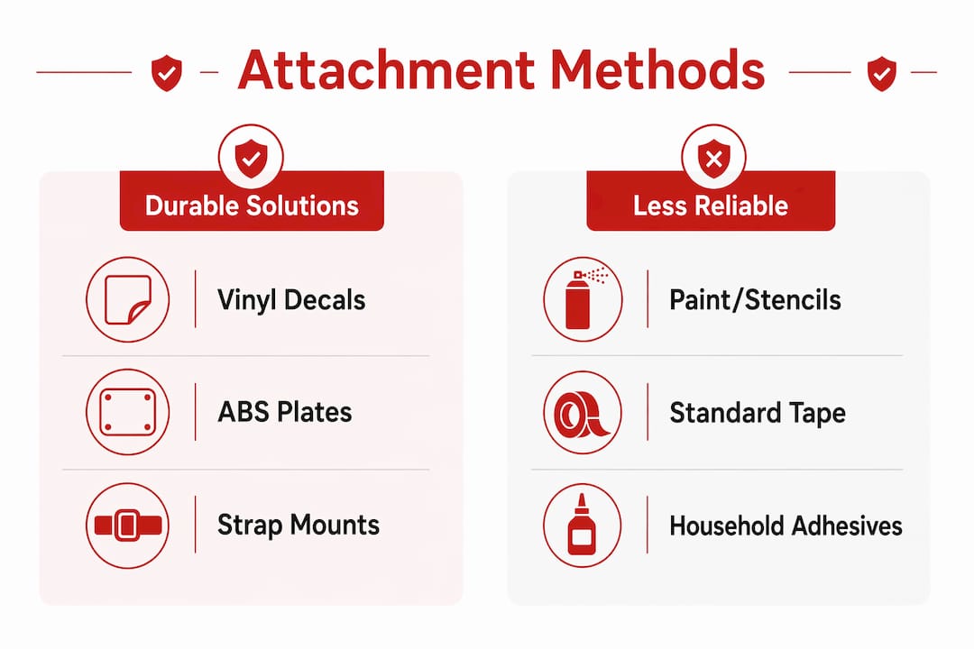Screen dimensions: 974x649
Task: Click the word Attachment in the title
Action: click(x=386, y=70)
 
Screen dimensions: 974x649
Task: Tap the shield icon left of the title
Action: click(x=167, y=73)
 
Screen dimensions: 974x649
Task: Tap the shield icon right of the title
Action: click(x=881, y=73)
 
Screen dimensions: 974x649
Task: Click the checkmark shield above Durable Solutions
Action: click(x=251, y=158)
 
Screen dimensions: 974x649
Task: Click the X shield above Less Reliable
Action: click(x=713, y=158)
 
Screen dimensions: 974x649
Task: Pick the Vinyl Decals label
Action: click(x=291, y=300)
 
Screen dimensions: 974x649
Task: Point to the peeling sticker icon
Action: click(x=128, y=299)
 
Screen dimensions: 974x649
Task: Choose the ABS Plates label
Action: click(x=284, y=412)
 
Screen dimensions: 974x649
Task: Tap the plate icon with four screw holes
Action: click(x=128, y=412)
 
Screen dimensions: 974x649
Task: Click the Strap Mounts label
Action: click(x=299, y=525)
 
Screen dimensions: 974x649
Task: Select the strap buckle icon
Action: click(x=128, y=526)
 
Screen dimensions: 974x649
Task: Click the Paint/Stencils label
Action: click(x=755, y=300)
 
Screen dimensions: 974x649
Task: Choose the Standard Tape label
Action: click(x=758, y=413)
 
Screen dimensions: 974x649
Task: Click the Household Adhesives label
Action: click(x=786, y=526)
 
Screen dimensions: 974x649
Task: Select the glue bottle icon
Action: click(x=582, y=525)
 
